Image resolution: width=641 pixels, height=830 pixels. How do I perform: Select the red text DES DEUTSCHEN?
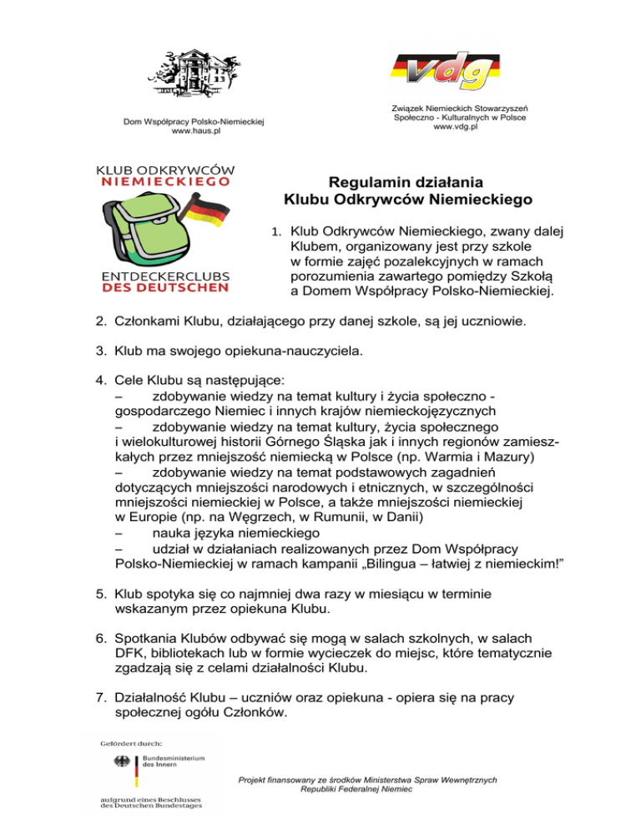(164, 288)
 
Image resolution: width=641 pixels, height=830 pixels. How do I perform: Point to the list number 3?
(98, 352)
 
